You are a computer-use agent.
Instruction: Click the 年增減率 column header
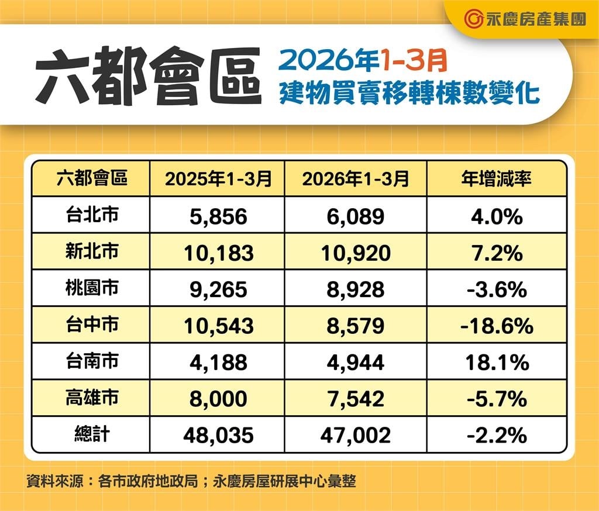pos(497,178)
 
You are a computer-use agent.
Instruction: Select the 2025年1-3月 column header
pos(218,178)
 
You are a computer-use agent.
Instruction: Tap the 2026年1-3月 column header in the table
pos(356,178)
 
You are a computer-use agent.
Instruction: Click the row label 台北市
pos(92,215)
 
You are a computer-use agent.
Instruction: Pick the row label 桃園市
pos(92,288)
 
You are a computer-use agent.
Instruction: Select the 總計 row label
pos(92,434)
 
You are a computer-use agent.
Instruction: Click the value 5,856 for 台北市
pos(218,216)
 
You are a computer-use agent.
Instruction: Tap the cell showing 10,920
pos(356,253)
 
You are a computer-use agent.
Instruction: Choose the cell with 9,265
pos(218,289)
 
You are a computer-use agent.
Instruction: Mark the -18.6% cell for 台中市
pos(497,326)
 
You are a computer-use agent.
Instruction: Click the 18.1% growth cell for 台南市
pos(497,362)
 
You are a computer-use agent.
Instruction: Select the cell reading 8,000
pos(218,399)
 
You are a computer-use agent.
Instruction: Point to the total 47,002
pos(356,436)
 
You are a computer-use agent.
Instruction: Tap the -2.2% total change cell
pos(497,436)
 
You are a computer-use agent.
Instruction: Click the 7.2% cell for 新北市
pos(497,253)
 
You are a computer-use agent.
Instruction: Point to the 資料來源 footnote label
pos(54,482)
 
